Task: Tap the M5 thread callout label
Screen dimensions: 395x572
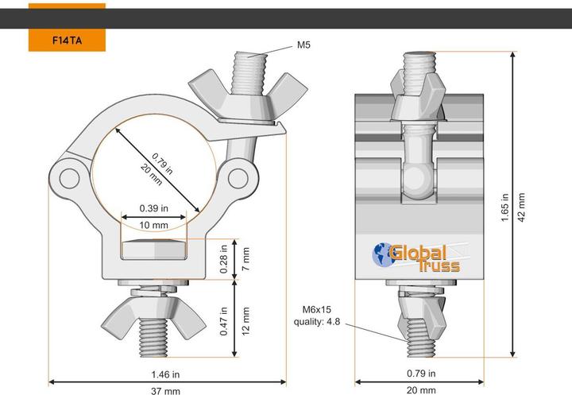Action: point(303,45)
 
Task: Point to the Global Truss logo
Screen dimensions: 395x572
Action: point(416,256)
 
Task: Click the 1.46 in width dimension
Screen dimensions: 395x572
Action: point(165,374)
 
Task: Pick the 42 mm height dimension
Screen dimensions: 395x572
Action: point(521,208)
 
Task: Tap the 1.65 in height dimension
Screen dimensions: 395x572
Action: point(505,208)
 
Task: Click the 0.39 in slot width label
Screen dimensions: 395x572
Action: point(154,208)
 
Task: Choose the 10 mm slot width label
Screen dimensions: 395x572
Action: point(154,225)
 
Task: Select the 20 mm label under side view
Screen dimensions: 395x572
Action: point(422,389)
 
